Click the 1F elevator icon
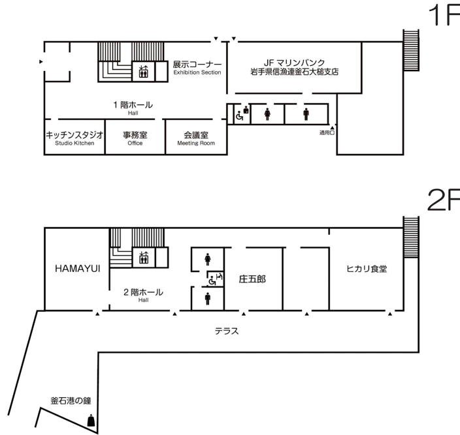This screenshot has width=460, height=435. click(x=144, y=72)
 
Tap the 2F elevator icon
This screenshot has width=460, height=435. click(x=144, y=258)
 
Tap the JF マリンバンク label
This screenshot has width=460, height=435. click(x=294, y=63)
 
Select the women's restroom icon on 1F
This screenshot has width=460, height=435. click(x=267, y=114)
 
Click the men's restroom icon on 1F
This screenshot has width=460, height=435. click(x=306, y=114)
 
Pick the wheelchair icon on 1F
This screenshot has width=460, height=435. click(x=239, y=116)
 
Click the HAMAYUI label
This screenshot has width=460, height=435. click(x=78, y=269)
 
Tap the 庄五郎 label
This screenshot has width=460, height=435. click(x=252, y=279)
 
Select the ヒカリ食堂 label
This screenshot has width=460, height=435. click(x=367, y=269)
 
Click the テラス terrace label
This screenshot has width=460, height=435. click(x=227, y=331)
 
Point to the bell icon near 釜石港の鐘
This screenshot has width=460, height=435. click(x=91, y=421)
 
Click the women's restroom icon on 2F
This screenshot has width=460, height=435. click(x=208, y=260)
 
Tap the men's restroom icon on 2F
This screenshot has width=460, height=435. click(x=208, y=299)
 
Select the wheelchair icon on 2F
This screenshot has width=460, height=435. click(x=212, y=281)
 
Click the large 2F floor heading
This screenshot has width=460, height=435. click(x=444, y=200)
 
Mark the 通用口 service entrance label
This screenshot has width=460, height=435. click(x=327, y=132)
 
